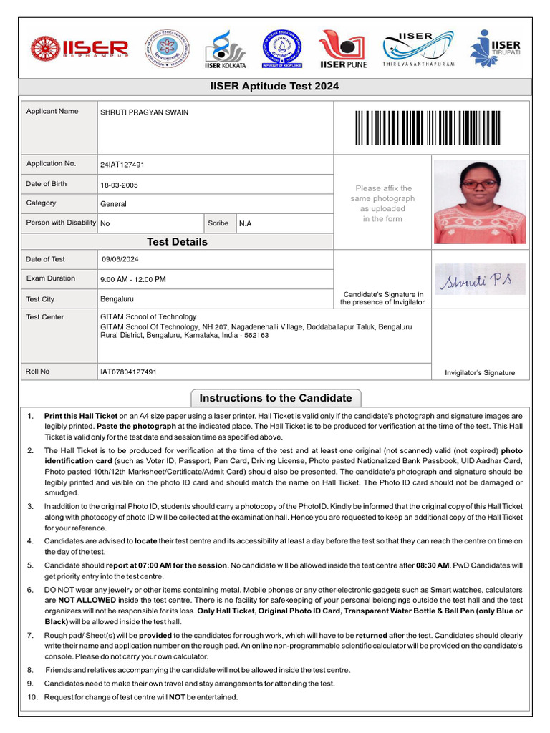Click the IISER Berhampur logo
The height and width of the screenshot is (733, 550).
coord(79,49)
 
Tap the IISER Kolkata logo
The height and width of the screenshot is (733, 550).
coord(226,49)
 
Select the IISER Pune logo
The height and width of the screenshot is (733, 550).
coord(343,49)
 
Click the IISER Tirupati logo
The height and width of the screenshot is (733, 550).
coord(494,49)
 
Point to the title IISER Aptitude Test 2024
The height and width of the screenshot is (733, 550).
coord(275,87)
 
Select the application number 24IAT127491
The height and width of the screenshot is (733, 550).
coord(122,165)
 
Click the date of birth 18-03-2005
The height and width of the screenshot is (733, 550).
coord(120,185)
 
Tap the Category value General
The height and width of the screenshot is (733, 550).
coord(113,204)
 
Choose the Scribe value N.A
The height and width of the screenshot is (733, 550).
coord(245,223)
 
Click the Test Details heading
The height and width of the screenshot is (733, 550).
coord(177,242)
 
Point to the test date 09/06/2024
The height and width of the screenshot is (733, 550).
coord(120,259)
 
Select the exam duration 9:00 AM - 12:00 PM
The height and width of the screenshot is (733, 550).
coord(133,279)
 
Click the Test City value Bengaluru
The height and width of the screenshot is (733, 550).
coord(117,298)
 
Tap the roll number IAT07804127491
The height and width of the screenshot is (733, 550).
coord(129,372)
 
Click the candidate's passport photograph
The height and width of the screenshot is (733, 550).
coord(480,202)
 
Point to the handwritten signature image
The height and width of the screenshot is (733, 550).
coord(479,279)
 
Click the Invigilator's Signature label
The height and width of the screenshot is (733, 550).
coord(479,372)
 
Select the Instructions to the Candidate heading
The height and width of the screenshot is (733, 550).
coord(276,398)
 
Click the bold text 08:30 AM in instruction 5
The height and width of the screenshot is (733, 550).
coord(432,565)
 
